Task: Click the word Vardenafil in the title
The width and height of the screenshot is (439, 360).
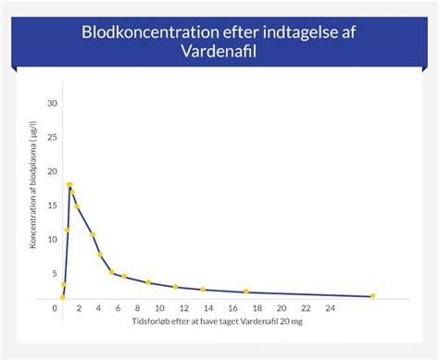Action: [219, 53]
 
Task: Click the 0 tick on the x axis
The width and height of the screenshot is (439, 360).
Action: [55, 307]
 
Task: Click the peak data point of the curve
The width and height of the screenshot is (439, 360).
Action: [69, 185]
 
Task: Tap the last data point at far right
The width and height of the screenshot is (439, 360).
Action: [372, 296]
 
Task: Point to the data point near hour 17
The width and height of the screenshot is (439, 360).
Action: [246, 292]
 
